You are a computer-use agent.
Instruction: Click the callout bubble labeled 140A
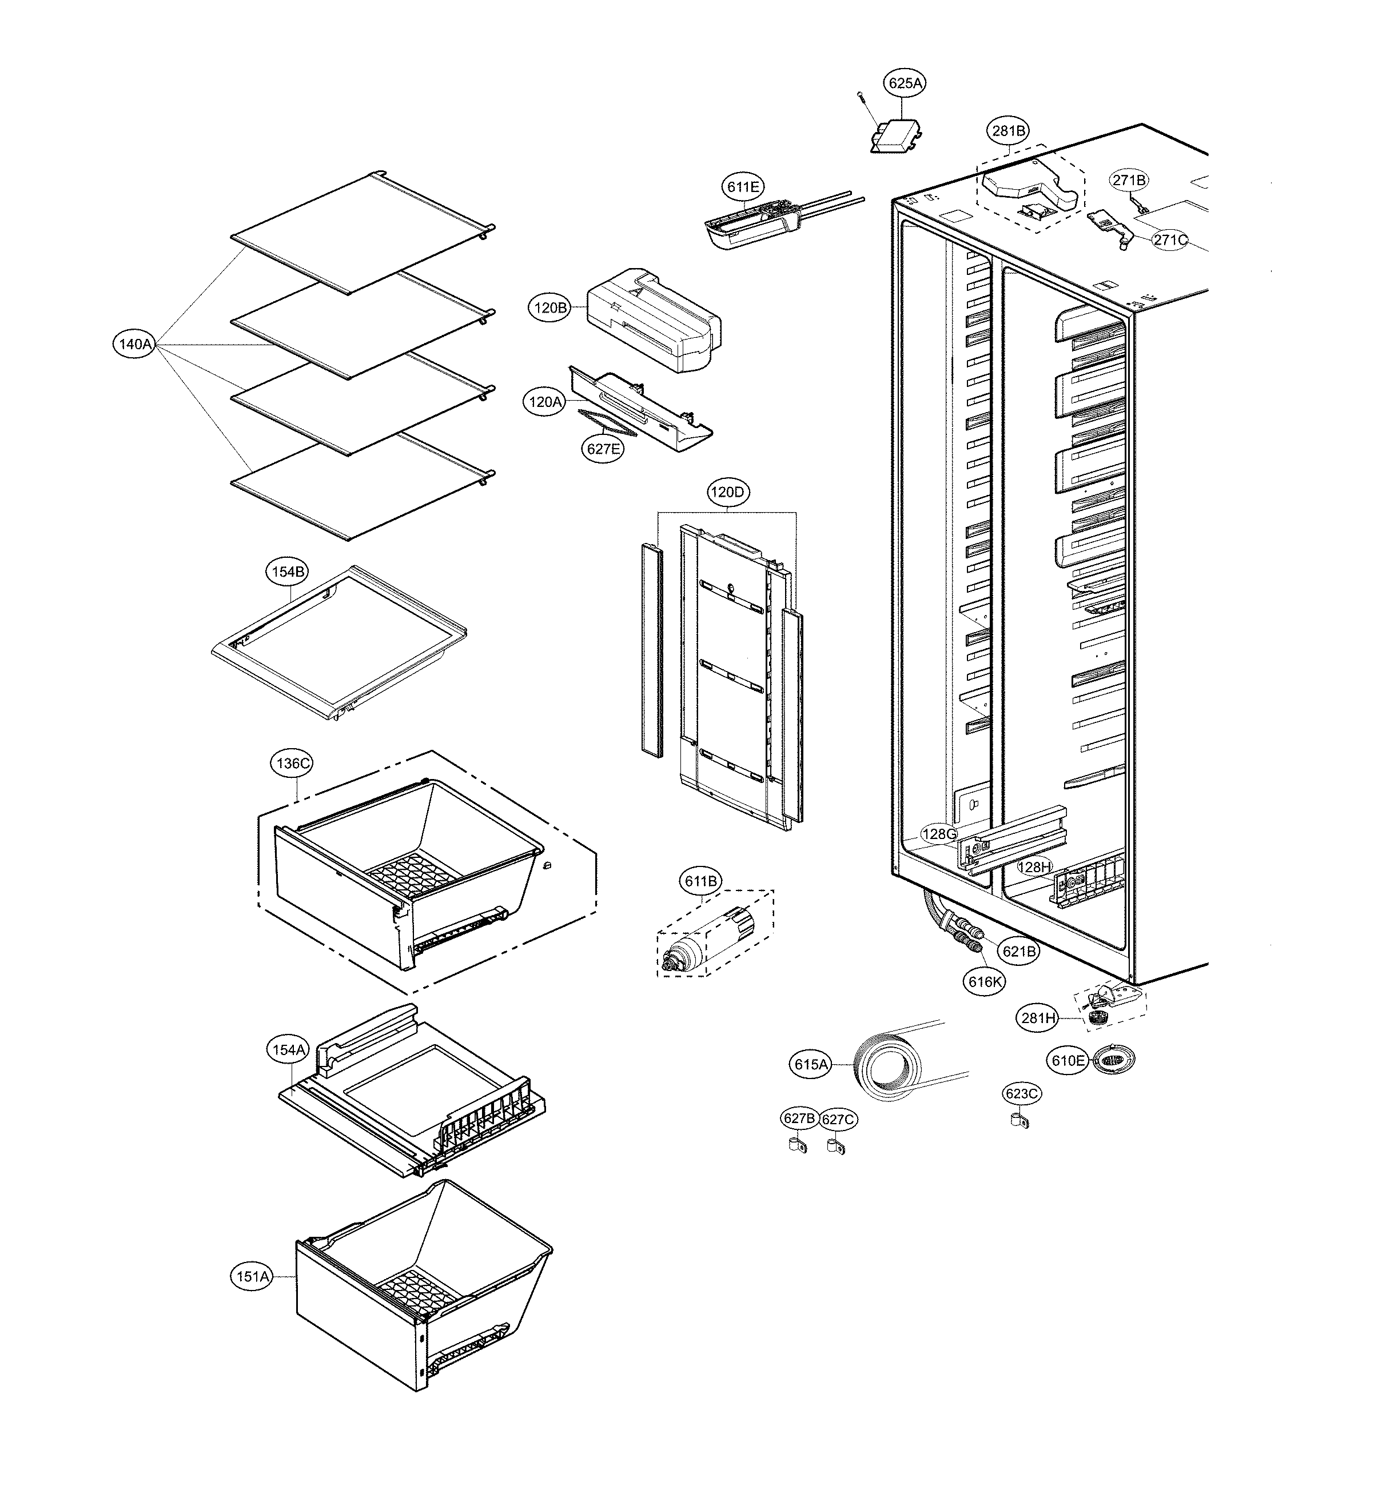tap(135, 345)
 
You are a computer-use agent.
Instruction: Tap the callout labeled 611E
tap(742, 186)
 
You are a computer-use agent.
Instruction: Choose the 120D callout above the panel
tap(727, 493)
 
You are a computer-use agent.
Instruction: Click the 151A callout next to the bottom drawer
tap(252, 1276)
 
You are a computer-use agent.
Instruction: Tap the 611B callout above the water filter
tap(700, 881)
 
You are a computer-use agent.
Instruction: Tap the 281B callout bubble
tap(1009, 131)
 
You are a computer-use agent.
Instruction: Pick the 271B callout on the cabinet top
tap(1129, 181)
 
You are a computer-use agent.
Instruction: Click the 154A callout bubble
tap(288, 1050)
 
